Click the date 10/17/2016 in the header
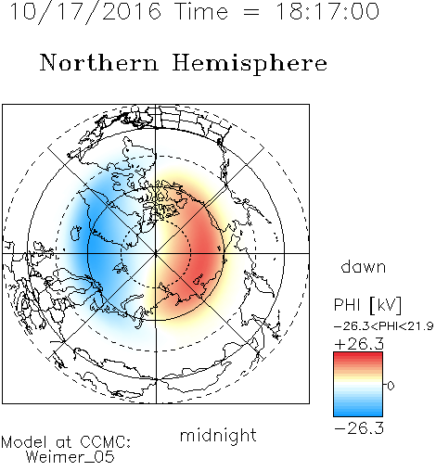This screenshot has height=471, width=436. (85, 12)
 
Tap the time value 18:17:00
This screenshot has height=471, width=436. (327, 11)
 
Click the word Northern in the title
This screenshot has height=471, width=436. (99, 62)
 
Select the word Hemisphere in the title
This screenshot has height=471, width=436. (250, 64)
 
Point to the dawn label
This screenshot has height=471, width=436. (364, 267)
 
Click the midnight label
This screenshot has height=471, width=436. (218, 435)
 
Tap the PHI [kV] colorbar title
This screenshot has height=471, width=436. (367, 305)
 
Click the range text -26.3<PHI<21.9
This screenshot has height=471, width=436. (384, 326)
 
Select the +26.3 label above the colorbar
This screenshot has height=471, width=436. (359, 344)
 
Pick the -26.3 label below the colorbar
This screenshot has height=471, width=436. (359, 428)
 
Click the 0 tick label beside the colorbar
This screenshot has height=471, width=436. (391, 386)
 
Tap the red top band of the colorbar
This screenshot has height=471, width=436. (358, 357)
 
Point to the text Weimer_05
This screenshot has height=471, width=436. (71, 457)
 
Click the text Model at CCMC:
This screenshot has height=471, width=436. (66, 442)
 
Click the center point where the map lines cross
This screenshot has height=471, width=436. (156, 253)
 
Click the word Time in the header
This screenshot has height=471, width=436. (201, 11)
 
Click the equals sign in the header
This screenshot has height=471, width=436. (251, 12)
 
